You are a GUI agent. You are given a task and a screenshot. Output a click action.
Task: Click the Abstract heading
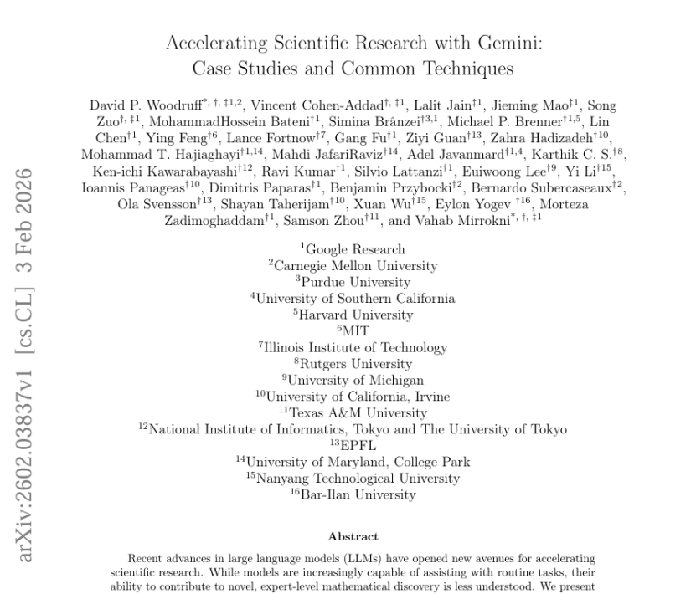pos(353,536)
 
